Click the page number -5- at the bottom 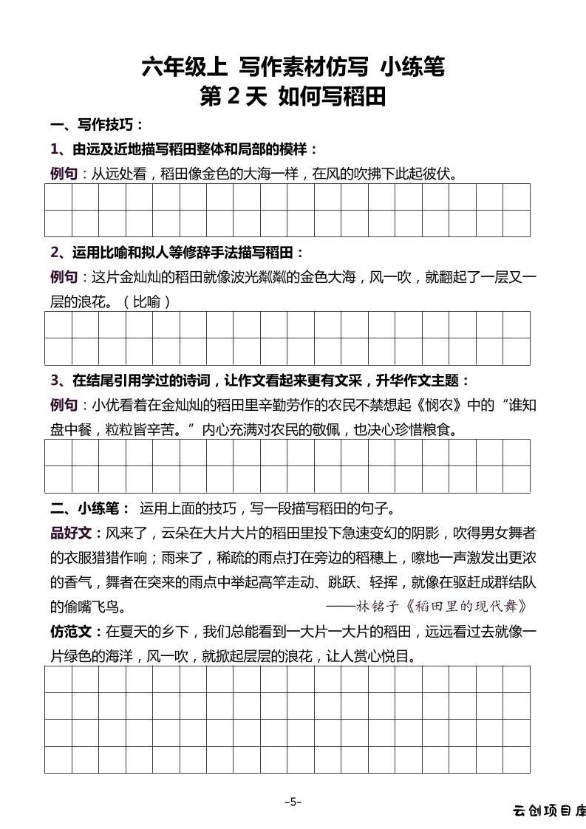(x=293, y=802)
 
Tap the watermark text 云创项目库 (x=549, y=811)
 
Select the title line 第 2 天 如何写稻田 (x=293, y=97)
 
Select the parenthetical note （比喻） (x=147, y=301)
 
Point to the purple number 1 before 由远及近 (x=55, y=149)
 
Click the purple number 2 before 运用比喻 (x=55, y=252)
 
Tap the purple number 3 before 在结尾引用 (x=55, y=381)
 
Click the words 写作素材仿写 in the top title (x=304, y=67)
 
